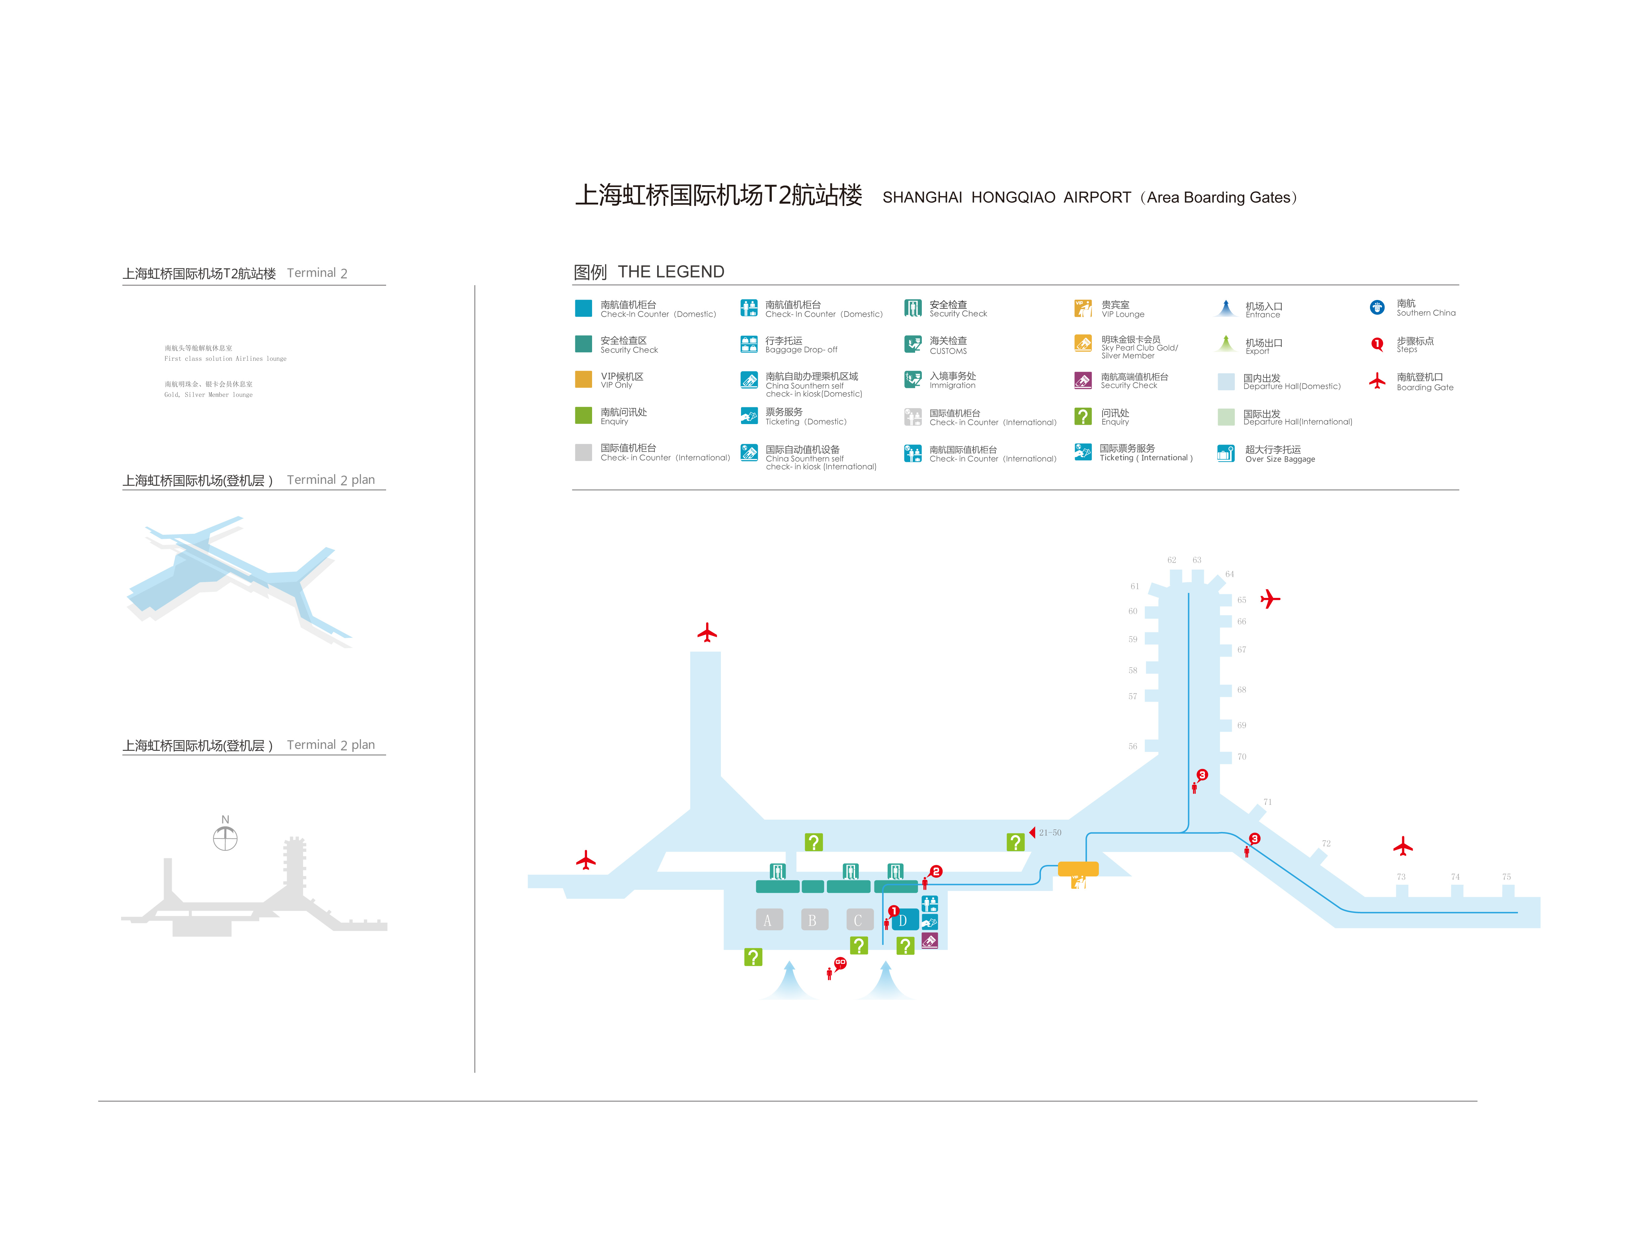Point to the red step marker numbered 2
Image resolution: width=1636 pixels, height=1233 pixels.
pos(936,871)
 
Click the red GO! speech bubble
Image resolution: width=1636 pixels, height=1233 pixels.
pos(840,962)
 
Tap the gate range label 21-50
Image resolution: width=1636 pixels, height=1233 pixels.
pos(1050,833)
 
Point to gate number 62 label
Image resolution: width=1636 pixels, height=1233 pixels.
pos(1171,560)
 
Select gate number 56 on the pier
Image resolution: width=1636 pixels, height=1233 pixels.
pos(1132,746)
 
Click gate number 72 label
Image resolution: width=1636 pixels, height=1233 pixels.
pos(1326,843)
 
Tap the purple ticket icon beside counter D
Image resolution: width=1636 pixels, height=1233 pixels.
pos(930,940)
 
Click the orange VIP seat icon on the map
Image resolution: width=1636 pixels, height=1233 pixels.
pos(1078,882)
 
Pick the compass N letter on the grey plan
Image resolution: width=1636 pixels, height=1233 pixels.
pos(225,820)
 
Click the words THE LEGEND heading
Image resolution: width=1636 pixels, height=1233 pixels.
pos(671,272)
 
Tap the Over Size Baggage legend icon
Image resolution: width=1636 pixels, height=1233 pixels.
pos(1225,453)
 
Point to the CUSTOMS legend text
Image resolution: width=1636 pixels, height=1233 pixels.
pos(948,351)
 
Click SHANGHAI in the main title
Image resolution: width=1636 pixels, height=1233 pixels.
pos(922,198)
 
